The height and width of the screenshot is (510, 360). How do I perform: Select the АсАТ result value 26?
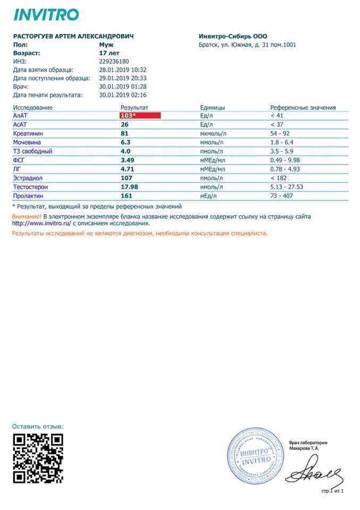pos(125,124)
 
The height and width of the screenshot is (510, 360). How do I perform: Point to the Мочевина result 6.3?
pos(125,142)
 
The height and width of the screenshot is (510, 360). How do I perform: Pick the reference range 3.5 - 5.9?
pos(282,151)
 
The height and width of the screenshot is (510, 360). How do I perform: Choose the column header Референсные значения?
pos(303,107)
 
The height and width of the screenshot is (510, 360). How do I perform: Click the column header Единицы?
pos(212,107)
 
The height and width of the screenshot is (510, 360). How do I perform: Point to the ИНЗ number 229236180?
pos(114,62)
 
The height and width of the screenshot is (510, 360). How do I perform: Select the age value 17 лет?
pos(109,53)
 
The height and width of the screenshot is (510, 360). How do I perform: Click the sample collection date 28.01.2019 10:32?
pos(123,70)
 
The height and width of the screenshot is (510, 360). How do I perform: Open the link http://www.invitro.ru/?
pos(41,224)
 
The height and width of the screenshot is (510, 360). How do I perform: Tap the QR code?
pos(38,458)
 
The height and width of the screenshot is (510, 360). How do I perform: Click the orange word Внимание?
pos(27,217)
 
